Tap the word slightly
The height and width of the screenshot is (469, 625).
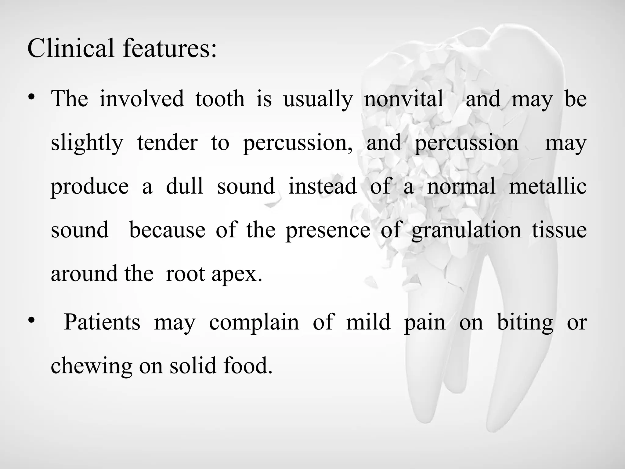[x=87, y=143]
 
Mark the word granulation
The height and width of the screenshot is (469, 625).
[x=466, y=230]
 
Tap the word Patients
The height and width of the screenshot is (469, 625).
[x=102, y=322]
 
